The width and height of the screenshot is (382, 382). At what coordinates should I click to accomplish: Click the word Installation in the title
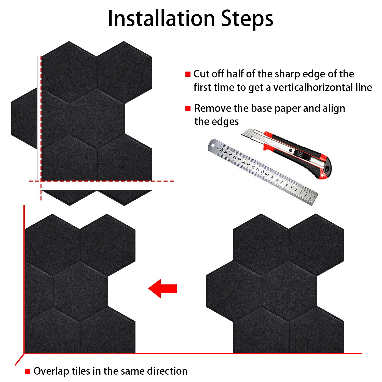(161, 18)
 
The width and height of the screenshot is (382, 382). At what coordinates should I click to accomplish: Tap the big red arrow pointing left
(162, 288)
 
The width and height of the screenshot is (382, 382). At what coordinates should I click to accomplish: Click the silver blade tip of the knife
(244, 132)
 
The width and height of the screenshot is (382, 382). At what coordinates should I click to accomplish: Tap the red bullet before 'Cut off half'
(188, 74)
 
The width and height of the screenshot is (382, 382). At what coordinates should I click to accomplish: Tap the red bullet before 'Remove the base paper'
(188, 108)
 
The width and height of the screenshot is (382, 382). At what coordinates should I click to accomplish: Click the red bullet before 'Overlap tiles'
(28, 371)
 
